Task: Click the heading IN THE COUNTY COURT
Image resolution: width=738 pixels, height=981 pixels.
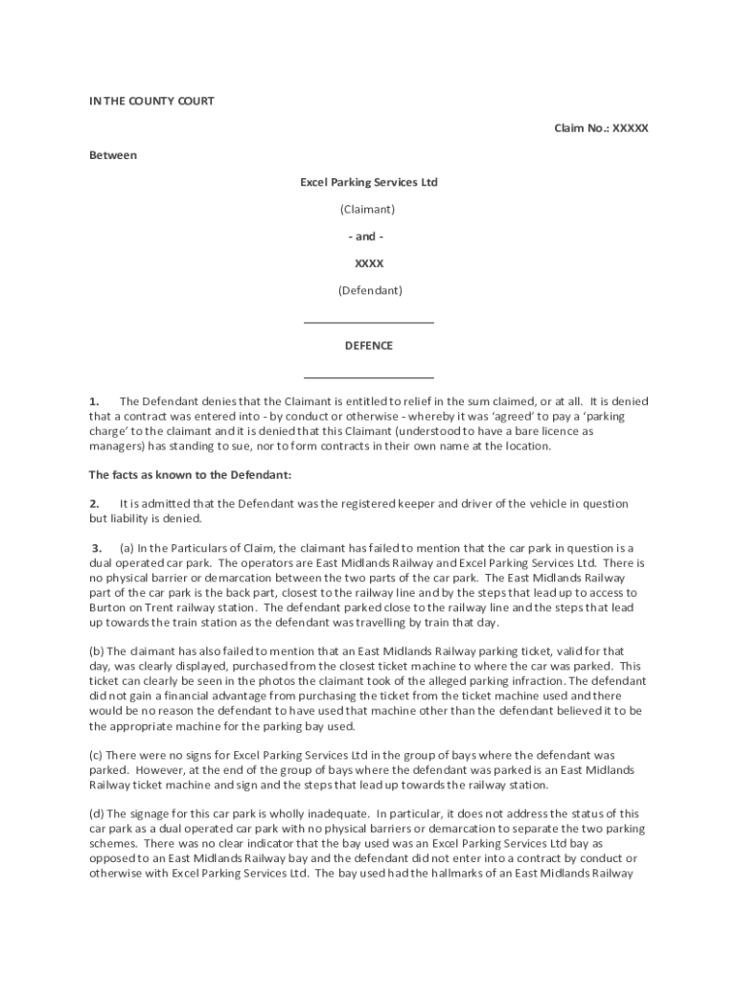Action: click(x=150, y=101)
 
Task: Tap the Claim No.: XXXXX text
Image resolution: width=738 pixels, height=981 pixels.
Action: click(x=601, y=127)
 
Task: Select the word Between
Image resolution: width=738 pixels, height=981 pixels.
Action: click(x=113, y=154)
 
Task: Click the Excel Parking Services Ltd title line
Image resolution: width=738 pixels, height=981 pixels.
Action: click(x=369, y=182)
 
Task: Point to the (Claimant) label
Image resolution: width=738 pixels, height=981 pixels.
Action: click(x=369, y=209)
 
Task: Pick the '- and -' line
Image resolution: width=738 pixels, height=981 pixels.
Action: click(x=369, y=236)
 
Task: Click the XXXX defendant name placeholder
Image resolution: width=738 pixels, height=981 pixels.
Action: click(x=369, y=262)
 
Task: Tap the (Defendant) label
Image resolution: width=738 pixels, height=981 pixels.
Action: click(x=369, y=289)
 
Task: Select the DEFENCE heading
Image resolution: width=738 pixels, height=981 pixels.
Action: click(x=369, y=346)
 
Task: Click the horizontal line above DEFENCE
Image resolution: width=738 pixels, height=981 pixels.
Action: click(x=369, y=323)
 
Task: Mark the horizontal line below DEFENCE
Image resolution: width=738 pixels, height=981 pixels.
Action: click(x=369, y=376)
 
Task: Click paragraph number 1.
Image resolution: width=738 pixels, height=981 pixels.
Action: click(x=94, y=400)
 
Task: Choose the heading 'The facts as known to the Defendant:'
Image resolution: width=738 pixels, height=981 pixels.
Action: click(x=190, y=474)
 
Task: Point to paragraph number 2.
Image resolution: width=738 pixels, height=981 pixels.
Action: click(x=94, y=503)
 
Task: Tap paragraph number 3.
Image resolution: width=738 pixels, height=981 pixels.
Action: click(x=97, y=547)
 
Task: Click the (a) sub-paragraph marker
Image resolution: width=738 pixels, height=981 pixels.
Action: click(x=127, y=547)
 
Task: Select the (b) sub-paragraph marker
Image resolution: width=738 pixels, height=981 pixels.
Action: click(x=97, y=650)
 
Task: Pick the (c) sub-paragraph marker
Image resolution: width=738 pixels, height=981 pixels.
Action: click(x=97, y=755)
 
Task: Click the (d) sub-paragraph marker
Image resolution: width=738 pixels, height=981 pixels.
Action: click(x=97, y=812)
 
